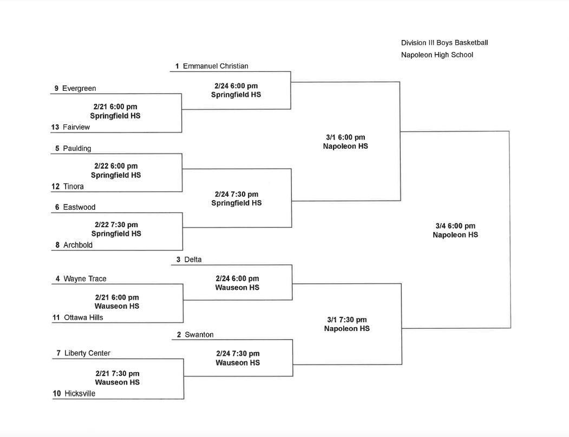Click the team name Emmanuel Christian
[x=215, y=66]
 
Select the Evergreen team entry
[x=79, y=88]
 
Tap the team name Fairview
[x=76, y=127]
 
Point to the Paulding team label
[x=77, y=148]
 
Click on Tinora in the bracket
[x=74, y=187]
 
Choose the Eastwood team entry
[x=79, y=207]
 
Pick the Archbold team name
[x=78, y=245]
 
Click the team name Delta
[x=193, y=260]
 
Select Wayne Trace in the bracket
[x=85, y=279]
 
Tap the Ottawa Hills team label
[x=83, y=317]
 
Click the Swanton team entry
[x=199, y=335]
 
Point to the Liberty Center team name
[x=87, y=353]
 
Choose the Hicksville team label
[x=80, y=394]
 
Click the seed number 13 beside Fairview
[x=55, y=127]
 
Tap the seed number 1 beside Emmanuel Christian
[x=177, y=66]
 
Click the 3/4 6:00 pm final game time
[x=455, y=226]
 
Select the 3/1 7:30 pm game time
[x=347, y=320]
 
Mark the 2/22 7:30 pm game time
[x=116, y=224]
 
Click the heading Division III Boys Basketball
[x=444, y=43]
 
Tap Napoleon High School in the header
[x=437, y=55]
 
